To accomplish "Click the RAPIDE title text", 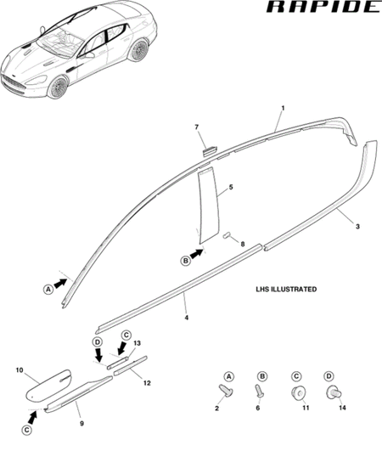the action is click(324, 7).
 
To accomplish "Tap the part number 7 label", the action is click(197, 127).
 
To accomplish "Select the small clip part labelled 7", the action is click(211, 150).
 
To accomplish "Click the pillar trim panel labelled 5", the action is click(209, 205).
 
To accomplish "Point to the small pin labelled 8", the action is click(227, 235).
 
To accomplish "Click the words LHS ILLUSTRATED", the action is click(286, 289).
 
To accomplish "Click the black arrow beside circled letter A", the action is click(60, 284).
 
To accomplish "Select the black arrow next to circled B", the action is click(197, 254).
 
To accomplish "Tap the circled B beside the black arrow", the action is click(186, 261).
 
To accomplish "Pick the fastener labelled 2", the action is click(226, 392).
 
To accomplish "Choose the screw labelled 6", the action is click(259, 392).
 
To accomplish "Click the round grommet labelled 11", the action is click(298, 393).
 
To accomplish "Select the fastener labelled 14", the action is click(334, 392).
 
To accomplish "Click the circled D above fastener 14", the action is click(329, 376).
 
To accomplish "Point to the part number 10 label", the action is click(20, 370).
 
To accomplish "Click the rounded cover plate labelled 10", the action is click(48, 386).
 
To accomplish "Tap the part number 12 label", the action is click(147, 383).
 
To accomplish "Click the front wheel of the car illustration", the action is click(59, 87).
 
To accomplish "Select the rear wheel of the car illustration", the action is click(138, 50).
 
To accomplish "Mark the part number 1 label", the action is click(283, 108).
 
